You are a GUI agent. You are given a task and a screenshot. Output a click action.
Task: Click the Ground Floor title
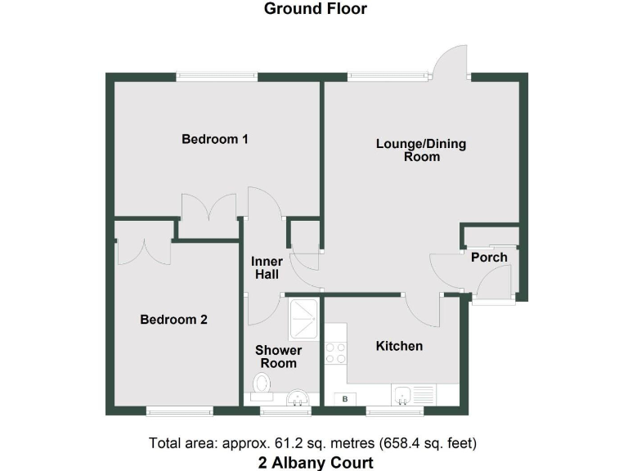(315, 9)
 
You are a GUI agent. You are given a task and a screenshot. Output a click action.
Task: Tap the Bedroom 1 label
(215, 139)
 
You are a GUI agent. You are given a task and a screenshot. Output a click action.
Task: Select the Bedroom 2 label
(173, 320)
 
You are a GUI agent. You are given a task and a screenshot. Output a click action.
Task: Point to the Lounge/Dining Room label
(421, 150)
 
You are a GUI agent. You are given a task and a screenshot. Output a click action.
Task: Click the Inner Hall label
(267, 267)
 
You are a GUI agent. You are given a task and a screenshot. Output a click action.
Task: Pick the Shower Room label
(278, 357)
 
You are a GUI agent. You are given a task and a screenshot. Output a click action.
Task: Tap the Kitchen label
(399, 346)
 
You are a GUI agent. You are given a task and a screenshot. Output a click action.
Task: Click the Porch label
(489, 257)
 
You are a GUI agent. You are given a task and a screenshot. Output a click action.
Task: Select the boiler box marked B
(345, 399)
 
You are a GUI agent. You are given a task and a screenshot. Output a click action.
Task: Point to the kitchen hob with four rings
(335, 352)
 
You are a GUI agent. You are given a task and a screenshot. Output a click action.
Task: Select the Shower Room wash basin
(298, 398)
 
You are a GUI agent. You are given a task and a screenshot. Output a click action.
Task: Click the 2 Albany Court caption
(315, 462)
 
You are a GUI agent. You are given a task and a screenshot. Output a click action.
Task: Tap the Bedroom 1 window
(217, 77)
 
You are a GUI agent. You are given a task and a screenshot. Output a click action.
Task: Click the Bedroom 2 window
(179, 410)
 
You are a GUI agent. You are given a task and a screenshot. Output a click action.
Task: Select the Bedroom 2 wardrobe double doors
(144, 251)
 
